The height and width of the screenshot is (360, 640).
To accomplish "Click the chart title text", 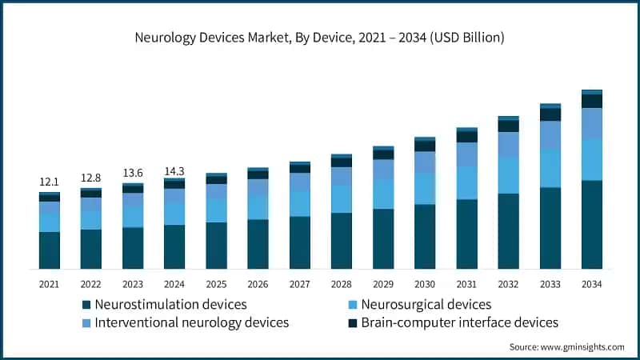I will [x=320, y=38].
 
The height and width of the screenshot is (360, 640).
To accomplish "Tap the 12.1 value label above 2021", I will [x=49, y=183].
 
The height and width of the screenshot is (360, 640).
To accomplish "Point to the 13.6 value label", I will [x=133, y=173].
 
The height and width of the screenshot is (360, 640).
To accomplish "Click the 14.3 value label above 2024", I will [x=174, y=170].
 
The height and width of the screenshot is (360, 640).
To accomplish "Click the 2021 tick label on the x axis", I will [x=49, y=284].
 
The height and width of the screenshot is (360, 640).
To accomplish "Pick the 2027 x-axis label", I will [x=299, y=284].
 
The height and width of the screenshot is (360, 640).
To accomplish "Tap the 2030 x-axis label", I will [x=425, y=284].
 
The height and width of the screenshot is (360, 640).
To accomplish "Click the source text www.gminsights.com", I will [x=567, y=346].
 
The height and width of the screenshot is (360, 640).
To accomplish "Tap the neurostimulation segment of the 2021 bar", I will [x=49, y=250].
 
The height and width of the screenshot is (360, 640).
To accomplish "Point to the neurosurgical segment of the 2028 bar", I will [x=342, y=198].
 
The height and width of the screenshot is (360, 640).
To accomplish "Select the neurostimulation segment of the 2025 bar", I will [x=216, y=245].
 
